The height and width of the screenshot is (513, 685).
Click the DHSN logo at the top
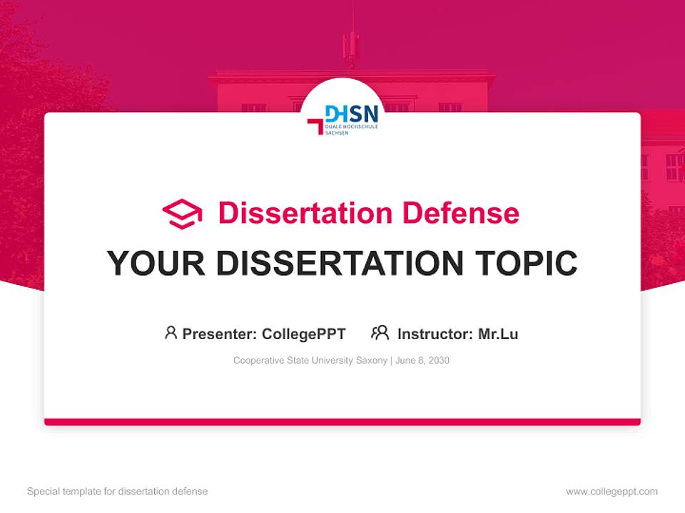pyautogui.click(x=343, y=120)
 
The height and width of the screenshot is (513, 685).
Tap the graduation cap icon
pyautogui.click(x=182, y=214)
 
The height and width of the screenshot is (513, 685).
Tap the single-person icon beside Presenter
pyautogui.click(x=171, y=333)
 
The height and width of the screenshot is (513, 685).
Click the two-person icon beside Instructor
pyautogui.click(x=380, y=333)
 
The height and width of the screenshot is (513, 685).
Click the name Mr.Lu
pyautogui.click(x=498, y=333)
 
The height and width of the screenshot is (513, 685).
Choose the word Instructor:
pyautogui.click(x=435, y=333)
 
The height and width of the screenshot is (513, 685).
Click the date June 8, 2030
pyautogui.click(x=422, y=361)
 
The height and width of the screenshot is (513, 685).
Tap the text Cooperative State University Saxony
pyautogui.click(x=310, y=361)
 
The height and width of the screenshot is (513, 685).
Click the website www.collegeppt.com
pyautogui.click(x=612, y=492)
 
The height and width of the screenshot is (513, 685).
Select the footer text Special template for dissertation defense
pyautogui.click(x=117, y=492)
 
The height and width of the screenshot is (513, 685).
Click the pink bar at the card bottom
pyautogui.click(x=342, y=422)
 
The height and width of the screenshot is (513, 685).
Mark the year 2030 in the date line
pyautogui.click(x=439, y=361)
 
